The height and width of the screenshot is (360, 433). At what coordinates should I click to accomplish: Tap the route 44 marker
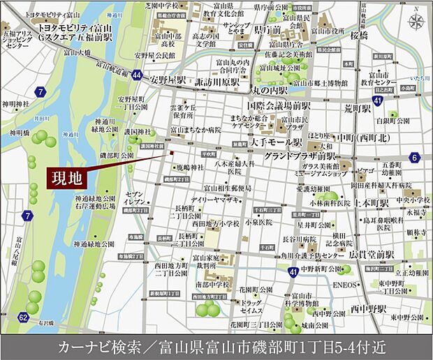(137, 75)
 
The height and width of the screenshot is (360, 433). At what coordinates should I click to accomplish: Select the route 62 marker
(24, 318)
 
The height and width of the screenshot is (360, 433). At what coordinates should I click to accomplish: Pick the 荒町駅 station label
(360, 110)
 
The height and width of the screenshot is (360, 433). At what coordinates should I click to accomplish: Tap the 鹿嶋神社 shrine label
(189, 168)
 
